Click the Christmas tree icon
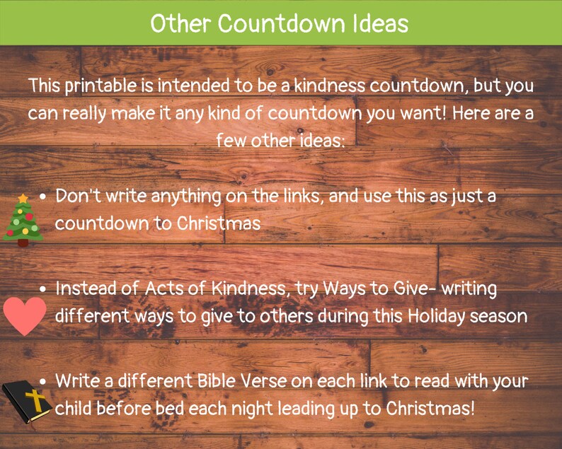23,220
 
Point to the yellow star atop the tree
23,198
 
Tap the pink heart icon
25,315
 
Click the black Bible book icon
26,402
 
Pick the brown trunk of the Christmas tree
23,243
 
